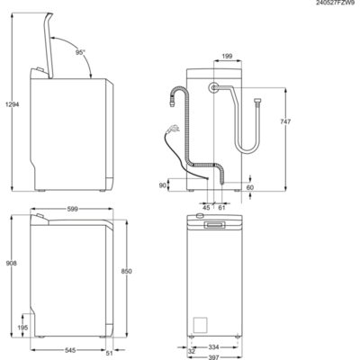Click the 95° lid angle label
80,53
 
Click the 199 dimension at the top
227,56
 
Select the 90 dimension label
162,184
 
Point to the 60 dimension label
249,188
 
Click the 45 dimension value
206,207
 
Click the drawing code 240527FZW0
334,4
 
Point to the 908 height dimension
9,264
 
